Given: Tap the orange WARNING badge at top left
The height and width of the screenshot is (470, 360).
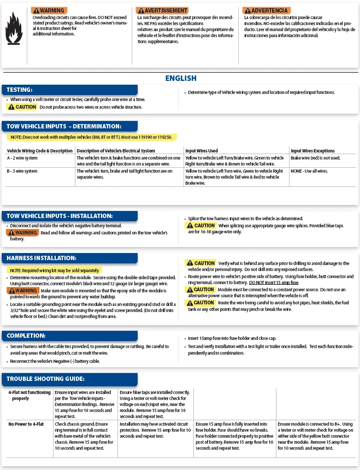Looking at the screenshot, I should [x=49, y=10].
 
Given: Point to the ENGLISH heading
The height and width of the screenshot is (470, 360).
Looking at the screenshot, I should [x=180, y=79].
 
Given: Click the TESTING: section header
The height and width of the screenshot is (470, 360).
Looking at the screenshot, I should [x=20, y=90].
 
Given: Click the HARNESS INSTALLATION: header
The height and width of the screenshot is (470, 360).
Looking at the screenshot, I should [x=42, y=257].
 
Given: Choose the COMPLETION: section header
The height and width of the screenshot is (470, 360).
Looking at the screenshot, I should [x=26, y=335].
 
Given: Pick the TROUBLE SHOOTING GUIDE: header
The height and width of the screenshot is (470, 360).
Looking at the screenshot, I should [x=45, y=379].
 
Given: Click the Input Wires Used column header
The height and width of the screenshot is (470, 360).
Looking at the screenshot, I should [x=202, y=151].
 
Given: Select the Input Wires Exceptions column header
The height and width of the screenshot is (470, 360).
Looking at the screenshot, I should [x=312, y=151].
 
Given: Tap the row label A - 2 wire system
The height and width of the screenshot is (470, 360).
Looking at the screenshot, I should [x=22, y=158].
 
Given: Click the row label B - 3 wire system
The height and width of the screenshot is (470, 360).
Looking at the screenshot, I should [x=22, y=171].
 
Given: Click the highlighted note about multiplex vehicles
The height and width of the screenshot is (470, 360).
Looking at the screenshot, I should [x=91, y=137].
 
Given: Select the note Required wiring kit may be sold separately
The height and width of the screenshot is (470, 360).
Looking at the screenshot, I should [x=54, y=271].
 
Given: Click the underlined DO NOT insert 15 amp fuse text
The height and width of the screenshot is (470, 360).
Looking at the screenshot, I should [x=274, y=282].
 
